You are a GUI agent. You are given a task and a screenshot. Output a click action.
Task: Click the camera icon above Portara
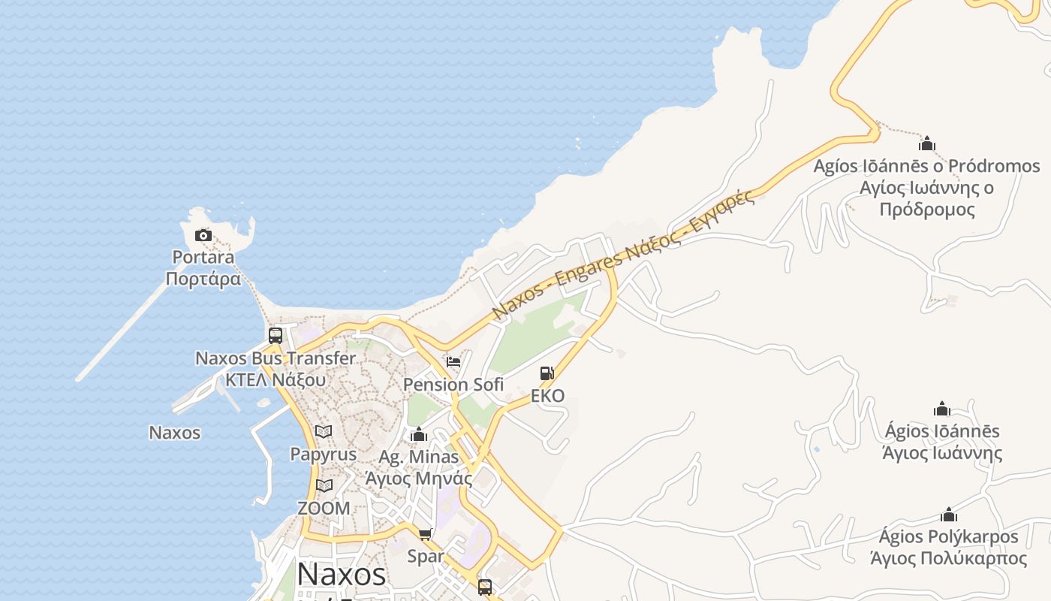click(x=203, y=236)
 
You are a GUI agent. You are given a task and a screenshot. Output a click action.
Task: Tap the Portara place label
click(x=203, y=268)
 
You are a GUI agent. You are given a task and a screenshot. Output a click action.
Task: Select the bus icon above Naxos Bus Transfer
click(x=276, y=336)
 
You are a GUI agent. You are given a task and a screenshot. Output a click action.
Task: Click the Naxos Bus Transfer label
click(x=276, y=369)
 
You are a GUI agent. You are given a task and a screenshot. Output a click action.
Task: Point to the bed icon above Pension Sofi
click(x=453, y=362)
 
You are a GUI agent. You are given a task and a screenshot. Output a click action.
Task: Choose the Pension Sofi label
click(x=453, y=385)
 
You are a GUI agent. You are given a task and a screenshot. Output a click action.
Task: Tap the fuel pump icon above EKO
click(x=547, y=373)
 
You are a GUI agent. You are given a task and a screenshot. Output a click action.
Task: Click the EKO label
click(x=547, y=396)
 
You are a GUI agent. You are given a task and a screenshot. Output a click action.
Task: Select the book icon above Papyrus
click(x=324, y=432)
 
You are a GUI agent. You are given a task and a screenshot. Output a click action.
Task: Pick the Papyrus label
click(x=324, y=455)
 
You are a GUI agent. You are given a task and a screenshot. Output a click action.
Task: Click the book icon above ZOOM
click(x=324, y=486)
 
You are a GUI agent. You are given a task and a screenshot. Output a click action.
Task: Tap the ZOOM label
click(x=324, y=509)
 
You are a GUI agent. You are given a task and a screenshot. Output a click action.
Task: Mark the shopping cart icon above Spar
click(x=426, y=534)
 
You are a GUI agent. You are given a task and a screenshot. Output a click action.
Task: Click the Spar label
click(x=426, y=557)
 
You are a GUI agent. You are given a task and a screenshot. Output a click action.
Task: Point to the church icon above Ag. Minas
click(x=419, y=435)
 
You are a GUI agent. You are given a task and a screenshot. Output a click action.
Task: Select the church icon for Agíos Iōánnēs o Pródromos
click(x=927, y=143)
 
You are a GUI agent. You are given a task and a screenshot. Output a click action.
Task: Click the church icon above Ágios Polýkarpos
click(x=949, y=515)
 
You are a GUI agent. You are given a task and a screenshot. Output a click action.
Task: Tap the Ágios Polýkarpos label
click(x=949, y=547)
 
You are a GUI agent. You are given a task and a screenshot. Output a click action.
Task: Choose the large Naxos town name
click(x=342, y=575)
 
